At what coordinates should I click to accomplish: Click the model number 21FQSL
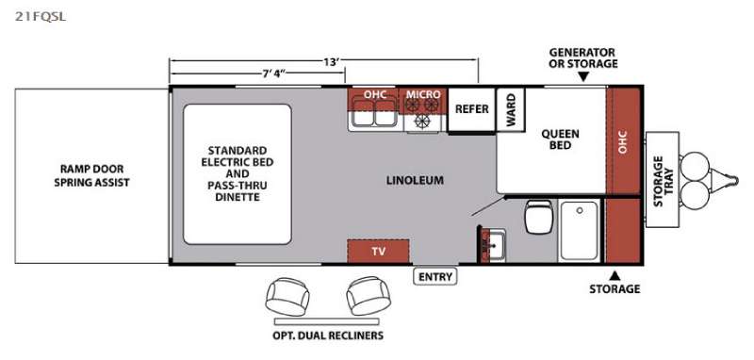coord(40,17)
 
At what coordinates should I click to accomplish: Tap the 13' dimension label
coord(332,61)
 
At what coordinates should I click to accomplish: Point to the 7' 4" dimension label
coord(273,74)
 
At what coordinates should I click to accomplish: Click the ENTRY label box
coord(435,277)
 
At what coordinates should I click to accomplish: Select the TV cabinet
coord(378,251)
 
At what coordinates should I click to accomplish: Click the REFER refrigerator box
coord(472,109)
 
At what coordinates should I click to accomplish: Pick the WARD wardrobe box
coord(511,109)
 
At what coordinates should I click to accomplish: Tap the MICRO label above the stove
coord(423,94)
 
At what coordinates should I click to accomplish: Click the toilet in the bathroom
coord(538,217)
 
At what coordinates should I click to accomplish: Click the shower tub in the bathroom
coord(580,231)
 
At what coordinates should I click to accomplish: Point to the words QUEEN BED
coord(560,139)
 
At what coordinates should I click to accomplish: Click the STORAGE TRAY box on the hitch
coord(663,180)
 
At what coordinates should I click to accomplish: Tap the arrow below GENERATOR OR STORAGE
coord(583,77)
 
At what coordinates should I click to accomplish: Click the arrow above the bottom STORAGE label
coord(615,276)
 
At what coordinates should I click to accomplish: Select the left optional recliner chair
coord(287,296)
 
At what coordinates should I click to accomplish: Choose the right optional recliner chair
coord(369,296)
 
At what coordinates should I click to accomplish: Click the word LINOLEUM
coord(415,181)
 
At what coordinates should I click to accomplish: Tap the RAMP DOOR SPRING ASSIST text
coord(91,175)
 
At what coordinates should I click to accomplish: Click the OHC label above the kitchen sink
coord(374,94)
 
